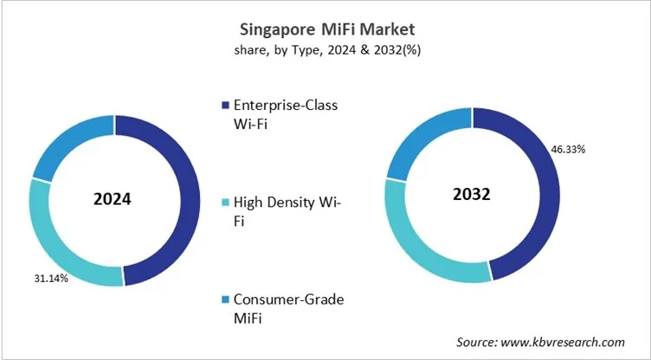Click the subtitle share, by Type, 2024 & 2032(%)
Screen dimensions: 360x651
325,51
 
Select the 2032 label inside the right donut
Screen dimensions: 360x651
471,195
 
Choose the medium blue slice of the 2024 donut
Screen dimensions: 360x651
68,139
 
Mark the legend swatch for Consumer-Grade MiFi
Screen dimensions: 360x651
227,299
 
